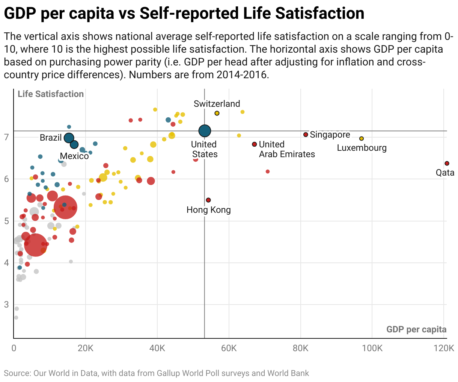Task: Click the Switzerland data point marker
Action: click(217, 113)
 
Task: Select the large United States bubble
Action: click(205, 131)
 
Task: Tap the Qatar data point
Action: click(447, 163)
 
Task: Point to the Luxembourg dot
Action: click(362, 138)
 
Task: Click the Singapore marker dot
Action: click(306, 135)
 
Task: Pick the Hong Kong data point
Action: click(208, 200)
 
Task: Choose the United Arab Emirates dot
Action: click(255, 144)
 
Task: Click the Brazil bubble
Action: click(69, 138)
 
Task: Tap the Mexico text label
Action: click(74, 156)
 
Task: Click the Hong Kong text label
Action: click(209, 210)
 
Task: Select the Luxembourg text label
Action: click(362, 148)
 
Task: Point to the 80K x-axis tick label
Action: click(300, 348)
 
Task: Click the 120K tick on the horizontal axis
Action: click(444, 348)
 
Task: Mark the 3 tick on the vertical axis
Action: click(6, 304)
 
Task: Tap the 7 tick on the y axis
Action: click(6, 137)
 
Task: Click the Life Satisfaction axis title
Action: click(51, 94)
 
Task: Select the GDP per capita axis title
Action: click(416, 330)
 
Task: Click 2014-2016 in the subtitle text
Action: click(243, 74)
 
